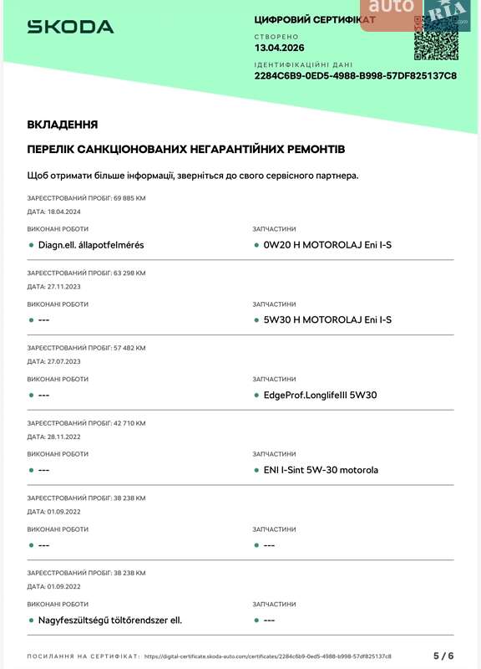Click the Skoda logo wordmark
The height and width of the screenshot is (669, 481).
[70, 27]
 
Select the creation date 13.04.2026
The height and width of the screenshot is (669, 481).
[280, 48]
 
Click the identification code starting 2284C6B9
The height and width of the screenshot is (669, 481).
[355, 75]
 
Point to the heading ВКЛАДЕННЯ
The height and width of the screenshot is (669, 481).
[63, 125]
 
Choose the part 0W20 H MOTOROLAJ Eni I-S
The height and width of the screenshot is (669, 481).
[327, 245]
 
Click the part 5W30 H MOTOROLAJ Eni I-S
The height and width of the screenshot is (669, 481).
[327, 319]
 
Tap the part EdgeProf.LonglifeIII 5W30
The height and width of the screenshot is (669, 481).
[321, 395]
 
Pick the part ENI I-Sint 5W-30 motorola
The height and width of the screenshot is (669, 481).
[321, 470]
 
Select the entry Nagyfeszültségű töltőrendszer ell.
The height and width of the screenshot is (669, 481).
[110, 620]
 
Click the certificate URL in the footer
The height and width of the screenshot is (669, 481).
[267, 656]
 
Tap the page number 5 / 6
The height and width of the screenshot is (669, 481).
[443, 656]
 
